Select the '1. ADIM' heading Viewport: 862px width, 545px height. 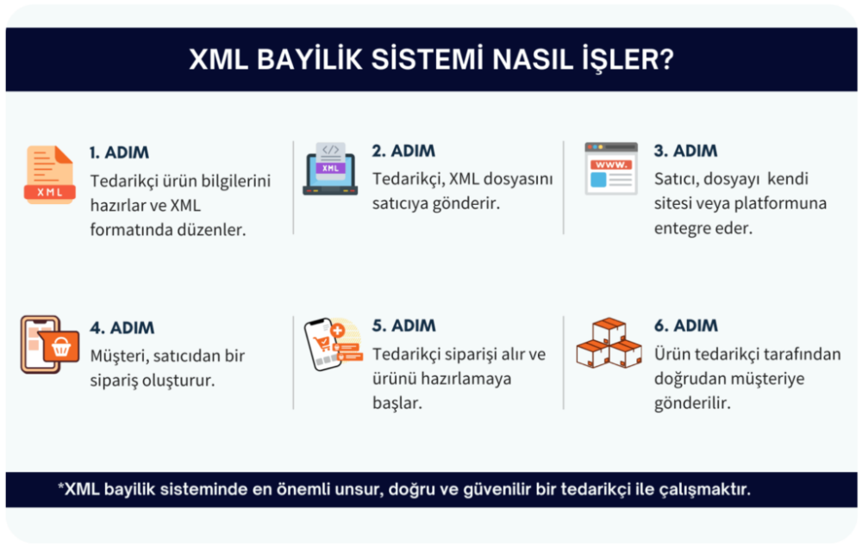click(x=119, y=152)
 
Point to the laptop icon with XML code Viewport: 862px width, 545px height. click(x=330, y=169)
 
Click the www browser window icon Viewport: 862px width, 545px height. click(x=611, y=168)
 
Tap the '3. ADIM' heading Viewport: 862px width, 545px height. click(x=685, y=151)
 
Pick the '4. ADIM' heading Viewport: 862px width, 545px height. click(x=122, y=328)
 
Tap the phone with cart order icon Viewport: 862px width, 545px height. click(x=332, y=344)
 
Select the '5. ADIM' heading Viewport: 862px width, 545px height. click(x=404, y=326)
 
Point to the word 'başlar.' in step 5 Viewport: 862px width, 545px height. click(x=397, y=403)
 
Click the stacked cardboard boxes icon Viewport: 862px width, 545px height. click(x=609, y=344)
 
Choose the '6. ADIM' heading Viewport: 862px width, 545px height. click(x=685, y=326)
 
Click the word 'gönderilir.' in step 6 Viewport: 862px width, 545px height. click(x=692, y=403)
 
